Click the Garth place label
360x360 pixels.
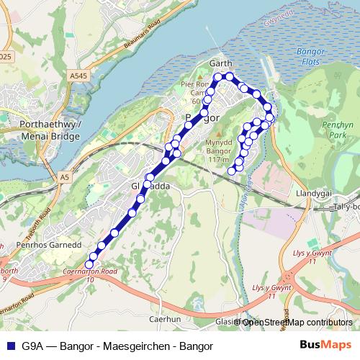[220, 64]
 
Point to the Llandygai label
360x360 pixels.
[312, 194]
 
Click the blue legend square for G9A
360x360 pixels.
[9, 346]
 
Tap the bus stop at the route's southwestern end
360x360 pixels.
[90, 263]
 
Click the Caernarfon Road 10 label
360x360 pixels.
[90, 274]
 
